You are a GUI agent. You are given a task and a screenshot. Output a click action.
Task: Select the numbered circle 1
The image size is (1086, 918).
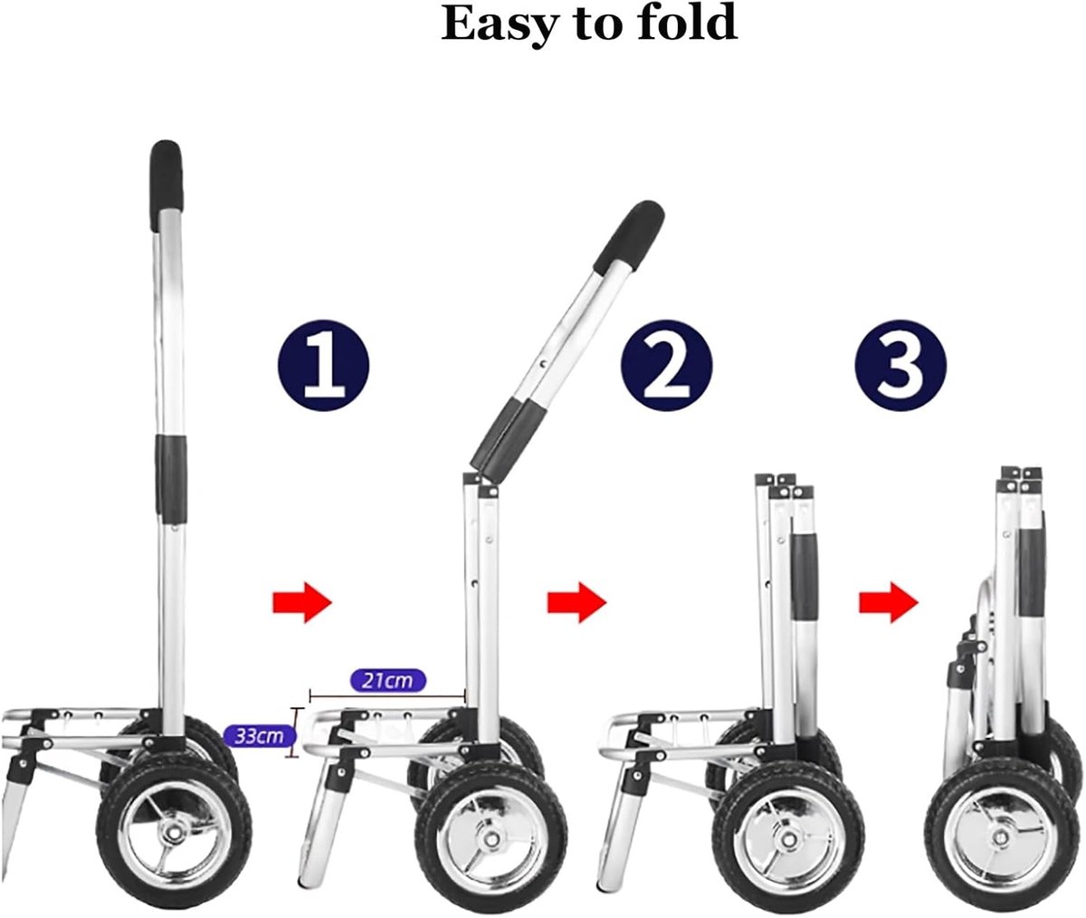323,365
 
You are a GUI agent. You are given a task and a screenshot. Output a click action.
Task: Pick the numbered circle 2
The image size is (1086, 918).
667,365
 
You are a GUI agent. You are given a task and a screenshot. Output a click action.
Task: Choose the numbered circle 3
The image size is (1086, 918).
900,365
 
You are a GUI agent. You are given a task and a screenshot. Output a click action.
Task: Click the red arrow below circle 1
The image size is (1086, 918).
302,603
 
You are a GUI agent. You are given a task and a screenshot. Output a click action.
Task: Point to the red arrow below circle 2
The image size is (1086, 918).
576,603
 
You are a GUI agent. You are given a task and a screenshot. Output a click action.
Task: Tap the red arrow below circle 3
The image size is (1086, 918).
889,603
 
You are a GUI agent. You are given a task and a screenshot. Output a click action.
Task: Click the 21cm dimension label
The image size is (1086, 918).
388,680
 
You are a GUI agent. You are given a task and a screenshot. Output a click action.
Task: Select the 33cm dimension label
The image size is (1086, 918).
259,736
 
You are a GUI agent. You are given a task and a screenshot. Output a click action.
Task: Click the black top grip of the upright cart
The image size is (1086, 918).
166,185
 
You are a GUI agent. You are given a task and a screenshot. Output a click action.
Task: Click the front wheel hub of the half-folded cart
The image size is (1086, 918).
489,837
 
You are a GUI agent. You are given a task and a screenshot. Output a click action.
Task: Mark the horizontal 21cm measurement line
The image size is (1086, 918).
387,695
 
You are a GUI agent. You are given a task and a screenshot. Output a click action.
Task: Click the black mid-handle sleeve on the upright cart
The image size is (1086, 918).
171,480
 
